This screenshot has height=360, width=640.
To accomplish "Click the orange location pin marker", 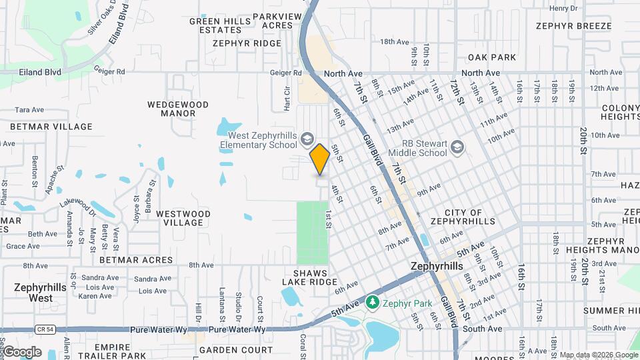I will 320,159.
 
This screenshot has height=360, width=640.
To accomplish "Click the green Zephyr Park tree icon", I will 374,303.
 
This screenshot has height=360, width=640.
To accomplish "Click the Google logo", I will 22,351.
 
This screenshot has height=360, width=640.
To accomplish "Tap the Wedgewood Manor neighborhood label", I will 178,109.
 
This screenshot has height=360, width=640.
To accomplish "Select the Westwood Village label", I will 183,219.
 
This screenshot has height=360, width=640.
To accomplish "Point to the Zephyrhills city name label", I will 436,266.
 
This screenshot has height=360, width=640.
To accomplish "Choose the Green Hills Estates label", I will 220,25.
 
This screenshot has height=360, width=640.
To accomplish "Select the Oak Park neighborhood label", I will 492,58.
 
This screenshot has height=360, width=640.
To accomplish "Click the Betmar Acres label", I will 127,260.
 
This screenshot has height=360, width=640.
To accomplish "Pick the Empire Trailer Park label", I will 120,351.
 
